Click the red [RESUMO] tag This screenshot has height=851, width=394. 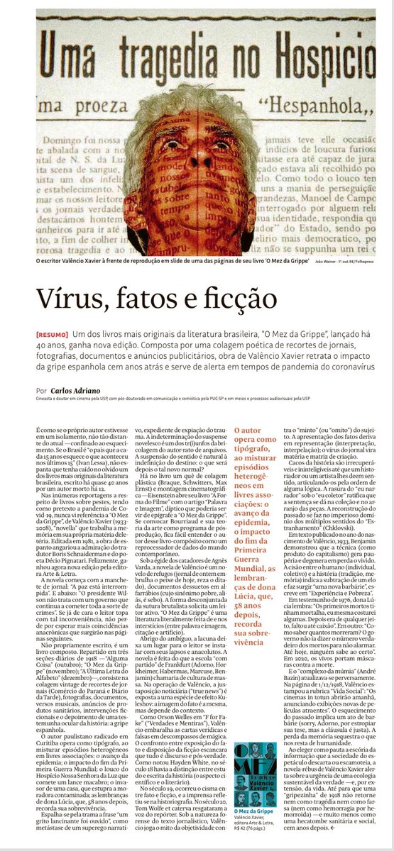52,334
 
